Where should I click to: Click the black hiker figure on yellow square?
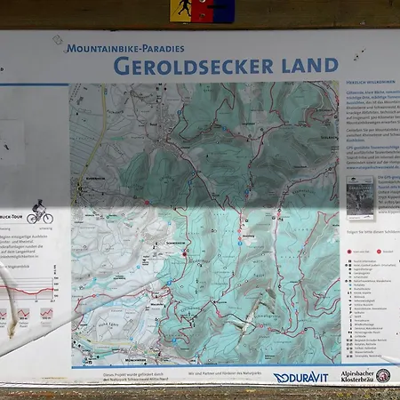(x=180, y=10)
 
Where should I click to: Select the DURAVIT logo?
(x=300, y=377)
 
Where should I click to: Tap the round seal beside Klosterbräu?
(x=383, y=376)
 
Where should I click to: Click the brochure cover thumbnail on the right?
(x=361, y=196)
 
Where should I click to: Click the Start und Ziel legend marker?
(x=349, y=252)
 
